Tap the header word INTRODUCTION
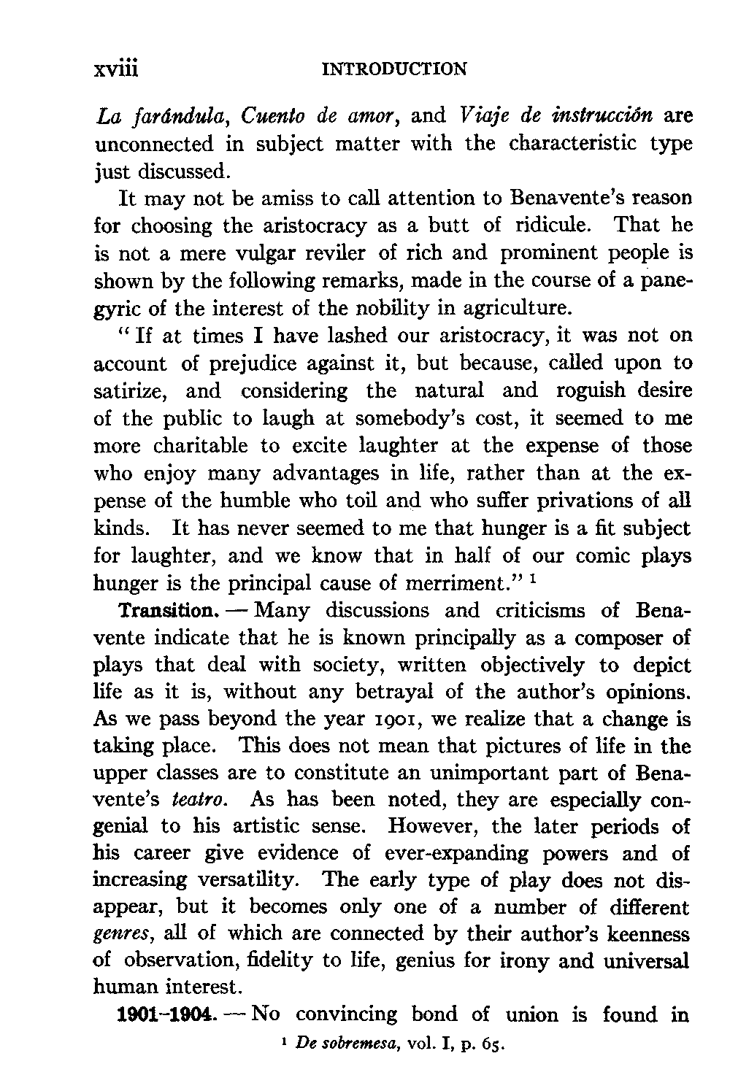(x=393, y=69)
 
